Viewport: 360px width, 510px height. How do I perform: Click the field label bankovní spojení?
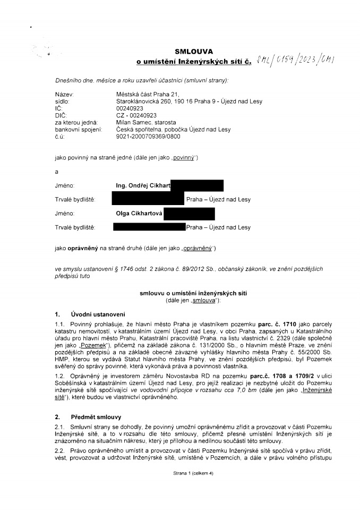coord(78,129)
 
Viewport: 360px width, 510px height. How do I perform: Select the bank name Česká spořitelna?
coord(140,129)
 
